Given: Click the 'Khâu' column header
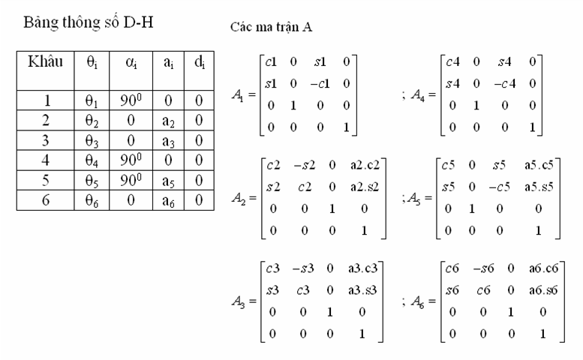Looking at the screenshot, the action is [45, 61].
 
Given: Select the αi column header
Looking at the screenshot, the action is [131, 63].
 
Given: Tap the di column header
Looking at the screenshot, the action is [200, 62].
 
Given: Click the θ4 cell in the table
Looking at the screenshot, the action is [92, 160].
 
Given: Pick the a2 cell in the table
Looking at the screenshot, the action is [168, 121].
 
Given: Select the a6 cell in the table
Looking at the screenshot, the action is [168, 201].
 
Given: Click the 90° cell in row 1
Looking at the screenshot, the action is [131, 100].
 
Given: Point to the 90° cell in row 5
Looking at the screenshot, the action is [131, 180].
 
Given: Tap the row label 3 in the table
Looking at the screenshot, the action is [45, 140].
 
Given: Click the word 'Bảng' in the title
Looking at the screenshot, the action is [41, 23].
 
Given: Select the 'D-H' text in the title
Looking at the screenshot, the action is [138, 22].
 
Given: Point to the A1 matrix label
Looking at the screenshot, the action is [239, 95].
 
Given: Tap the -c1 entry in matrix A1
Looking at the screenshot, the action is [320, 83].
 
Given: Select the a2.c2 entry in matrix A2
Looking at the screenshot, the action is [365, 165].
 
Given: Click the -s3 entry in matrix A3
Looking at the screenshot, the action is [303, 268].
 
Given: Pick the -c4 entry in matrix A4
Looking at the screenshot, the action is [505, 83].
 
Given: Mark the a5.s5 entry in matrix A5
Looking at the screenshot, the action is [539, 187].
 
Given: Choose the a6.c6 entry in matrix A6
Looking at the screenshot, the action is [543, 268].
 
